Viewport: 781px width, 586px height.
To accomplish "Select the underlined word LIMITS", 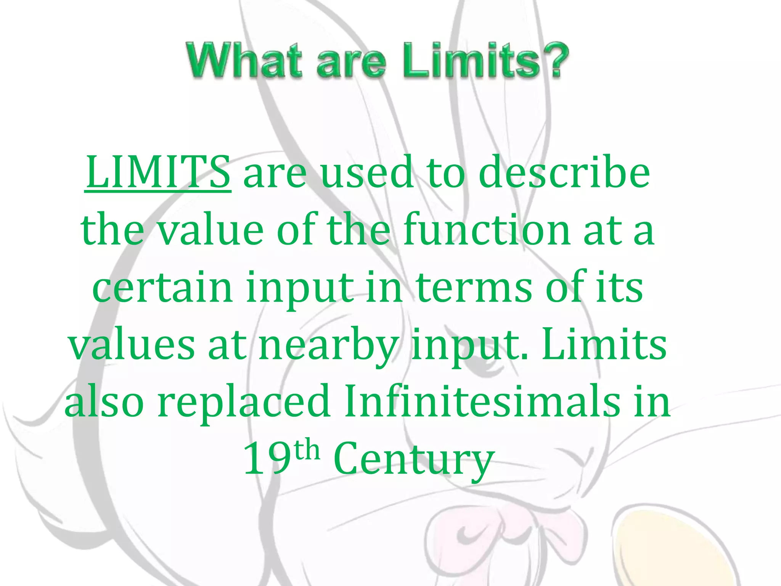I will click(x=158, y=173).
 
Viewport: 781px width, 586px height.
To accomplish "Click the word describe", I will click(x=564, y=173).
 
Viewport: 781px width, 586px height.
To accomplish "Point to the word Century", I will click(x=414, y=459).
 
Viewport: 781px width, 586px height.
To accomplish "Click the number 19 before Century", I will click(x=267, y=459).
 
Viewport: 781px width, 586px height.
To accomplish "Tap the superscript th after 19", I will click(x=307, y=450).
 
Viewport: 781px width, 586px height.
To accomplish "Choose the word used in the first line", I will click(x=367, y=173).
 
